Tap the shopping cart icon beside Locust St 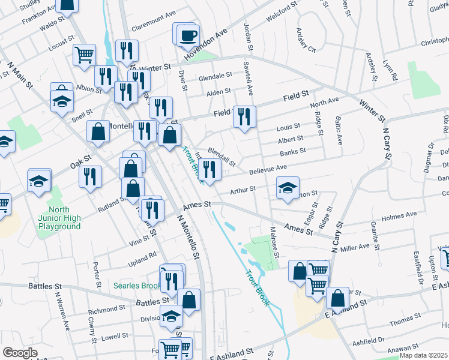click(85, 55)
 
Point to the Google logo click(20, 352)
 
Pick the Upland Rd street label click(142, 255)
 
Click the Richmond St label click(106, 310)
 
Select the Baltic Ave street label click(339, 131)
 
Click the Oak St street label click(80, 162)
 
